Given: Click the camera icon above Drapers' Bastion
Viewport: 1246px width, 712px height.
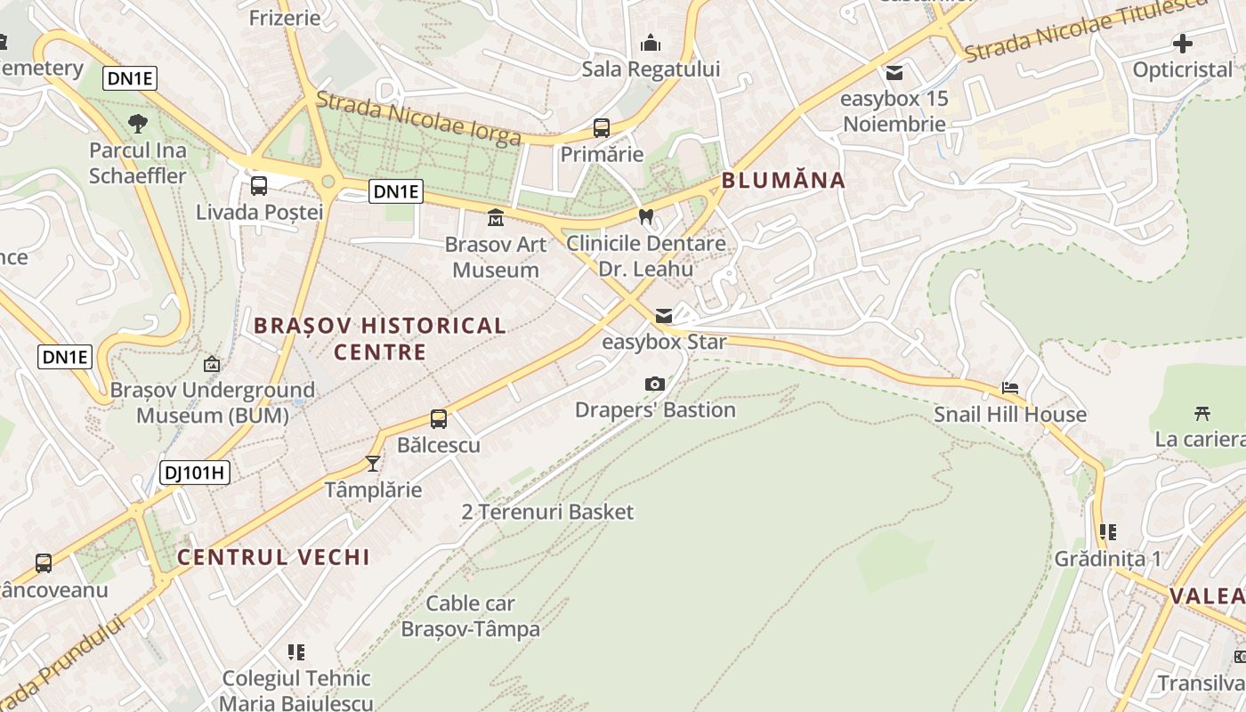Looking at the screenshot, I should pyautogui.click(x=655, y=384).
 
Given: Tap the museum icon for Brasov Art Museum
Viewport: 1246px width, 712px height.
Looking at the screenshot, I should pyautogui.click(x=496, y=217).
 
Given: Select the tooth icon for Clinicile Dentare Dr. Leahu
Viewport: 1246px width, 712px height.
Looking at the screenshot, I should pyautogui.click(x=647, y=215).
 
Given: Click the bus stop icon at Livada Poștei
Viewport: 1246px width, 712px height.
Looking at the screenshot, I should pyautogui.click(x=259, y=186).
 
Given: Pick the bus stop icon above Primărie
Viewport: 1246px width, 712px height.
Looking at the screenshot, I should pyautogui.click(x=602, y=128).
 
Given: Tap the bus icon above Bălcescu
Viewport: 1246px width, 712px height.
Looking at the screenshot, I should pyautogui.click(x=439, y=419).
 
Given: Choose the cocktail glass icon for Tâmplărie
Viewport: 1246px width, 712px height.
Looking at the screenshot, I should pyautogui.click(x=373, y=464).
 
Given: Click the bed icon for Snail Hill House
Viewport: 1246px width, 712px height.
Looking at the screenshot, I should pyautogui.click(x=1010, y=388).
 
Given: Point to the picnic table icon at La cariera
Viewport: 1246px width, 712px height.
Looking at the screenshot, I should pyautogui.click(x=1202, y=413).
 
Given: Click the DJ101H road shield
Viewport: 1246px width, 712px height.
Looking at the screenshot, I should pyautogui.click(x=195, y=473).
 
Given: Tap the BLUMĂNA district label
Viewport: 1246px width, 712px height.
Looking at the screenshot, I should pyautogui.click(x=783, y=181).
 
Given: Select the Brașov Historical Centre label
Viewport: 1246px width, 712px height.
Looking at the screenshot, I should pyautogui.click(x=380, y=338).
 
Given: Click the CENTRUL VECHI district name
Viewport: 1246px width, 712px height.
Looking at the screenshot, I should pyautogui.click(x=273, y=557).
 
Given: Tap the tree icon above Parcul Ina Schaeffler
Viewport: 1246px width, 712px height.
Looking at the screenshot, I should pyautogui.click(x=138, y=124).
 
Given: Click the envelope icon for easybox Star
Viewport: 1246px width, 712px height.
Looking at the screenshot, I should pyautogui.click(x=664, y=316).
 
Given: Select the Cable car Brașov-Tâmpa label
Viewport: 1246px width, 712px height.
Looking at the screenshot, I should pyautogui.click(x=471, y=616).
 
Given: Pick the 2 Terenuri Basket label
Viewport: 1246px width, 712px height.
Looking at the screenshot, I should pyautogui.click(x=547, y=512).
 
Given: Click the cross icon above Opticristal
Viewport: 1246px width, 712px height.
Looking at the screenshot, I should pyautogui.click(x=1183, y=43).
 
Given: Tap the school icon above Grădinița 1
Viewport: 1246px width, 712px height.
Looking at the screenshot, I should pyautogui.click(x=1108, y=532).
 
